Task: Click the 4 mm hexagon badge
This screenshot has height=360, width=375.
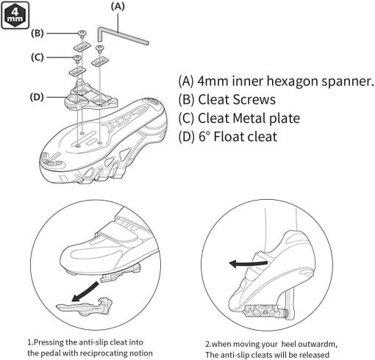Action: click(x=15, y=15)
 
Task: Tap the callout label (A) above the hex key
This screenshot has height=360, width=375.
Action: click(x=118, y=7)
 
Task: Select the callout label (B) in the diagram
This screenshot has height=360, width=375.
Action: click(x=37, y=33)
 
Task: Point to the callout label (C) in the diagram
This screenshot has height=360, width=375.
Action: click(x=37, y=57)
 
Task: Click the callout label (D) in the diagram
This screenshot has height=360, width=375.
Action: click(x=37, y=97)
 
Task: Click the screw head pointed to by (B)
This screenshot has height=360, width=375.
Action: click(x=82, y=33)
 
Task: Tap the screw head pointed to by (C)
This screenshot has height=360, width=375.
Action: click(x=77, y=58)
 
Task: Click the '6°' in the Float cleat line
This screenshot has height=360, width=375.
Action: click(x=204, y=137)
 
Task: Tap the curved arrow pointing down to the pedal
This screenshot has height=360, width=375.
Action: click(x=86, y=292)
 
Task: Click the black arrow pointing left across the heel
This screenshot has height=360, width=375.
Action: click(x=248, y=264)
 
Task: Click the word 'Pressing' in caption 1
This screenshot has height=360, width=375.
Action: click(x=49, y=342)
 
